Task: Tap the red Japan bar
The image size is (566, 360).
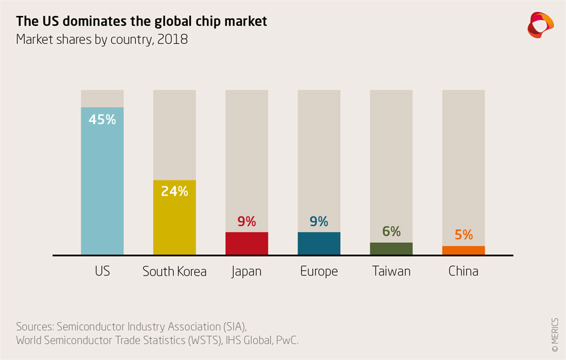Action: coord(246,244)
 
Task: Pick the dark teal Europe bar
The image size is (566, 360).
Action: coord(319,244)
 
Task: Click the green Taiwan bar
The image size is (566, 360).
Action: coord(391,248)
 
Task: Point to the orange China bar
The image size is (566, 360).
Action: coord(463,250)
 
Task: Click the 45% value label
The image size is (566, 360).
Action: coord(102,120)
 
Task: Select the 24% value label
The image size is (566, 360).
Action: coord(174,192)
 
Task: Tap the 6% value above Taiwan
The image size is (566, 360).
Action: coord(392,232)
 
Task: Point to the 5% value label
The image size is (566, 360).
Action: coord(463,235)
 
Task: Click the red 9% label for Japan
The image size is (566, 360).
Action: coord(246,222)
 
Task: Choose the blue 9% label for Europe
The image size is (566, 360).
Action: coord(319,222)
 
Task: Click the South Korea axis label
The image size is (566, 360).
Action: coord(174,271)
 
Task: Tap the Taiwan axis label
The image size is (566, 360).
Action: coord(392,271)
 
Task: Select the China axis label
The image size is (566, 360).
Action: coord(463,271)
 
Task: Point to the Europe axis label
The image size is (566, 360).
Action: coord(319,271)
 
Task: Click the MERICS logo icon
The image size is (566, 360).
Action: coord(540,25)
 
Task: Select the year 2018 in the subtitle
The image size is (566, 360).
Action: coord(172,40)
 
